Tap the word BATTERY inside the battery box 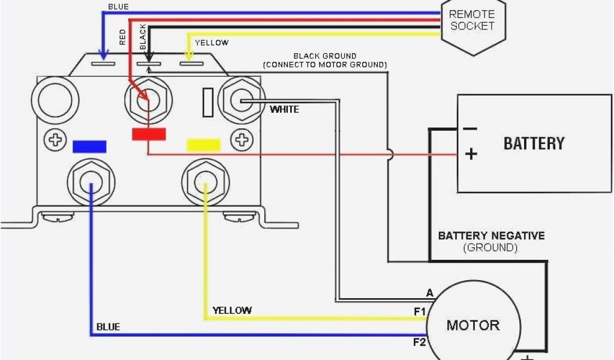tap(534, 143)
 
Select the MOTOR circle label tap(472, 325)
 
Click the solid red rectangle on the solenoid tap(149, 134)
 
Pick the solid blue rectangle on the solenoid tap(89, 146)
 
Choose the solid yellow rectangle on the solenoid tap(204, 145)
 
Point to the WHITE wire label tap(284, 109)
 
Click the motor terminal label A tap(429, 293)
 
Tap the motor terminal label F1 tap(419, 311)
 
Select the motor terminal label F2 tap(419, 343)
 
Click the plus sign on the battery tap(471, 154)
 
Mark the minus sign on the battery tap(470, 128)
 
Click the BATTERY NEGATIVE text tap(491, 235)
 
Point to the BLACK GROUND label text tap(324, 56)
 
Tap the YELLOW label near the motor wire tap(232, 310)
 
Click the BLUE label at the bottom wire tap(108, 327)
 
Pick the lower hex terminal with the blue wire tap(90, 179)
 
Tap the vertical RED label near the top tap(123, 37)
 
